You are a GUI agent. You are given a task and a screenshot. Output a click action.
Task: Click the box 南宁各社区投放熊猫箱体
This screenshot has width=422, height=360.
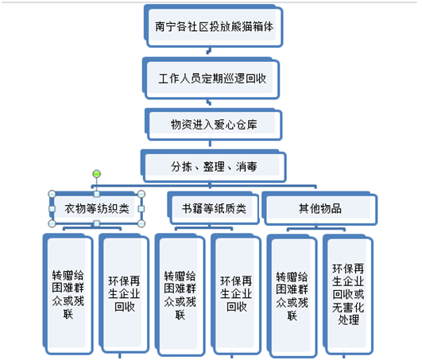click(x=213, y=26)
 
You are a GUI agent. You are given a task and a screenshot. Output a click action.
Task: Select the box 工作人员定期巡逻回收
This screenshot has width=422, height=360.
click(x=211, y=78)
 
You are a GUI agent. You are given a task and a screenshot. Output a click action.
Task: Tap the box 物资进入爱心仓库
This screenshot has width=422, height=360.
click(x=213, y=124)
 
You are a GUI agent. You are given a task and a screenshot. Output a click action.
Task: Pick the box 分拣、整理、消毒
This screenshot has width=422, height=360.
click(x=213, y=166)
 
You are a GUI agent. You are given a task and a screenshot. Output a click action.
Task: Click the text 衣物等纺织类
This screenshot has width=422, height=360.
click(x=97, y=209)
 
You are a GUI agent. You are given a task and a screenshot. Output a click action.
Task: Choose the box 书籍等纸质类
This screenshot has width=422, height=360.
click(x=213, y=207)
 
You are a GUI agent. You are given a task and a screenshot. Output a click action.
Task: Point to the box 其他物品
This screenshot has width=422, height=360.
click(x=319, y=208)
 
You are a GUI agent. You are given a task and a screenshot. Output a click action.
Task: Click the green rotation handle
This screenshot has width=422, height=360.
click(x=97, y=174)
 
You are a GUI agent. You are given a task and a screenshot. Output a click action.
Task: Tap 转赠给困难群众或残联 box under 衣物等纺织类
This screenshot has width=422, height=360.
click(x=68, y=294)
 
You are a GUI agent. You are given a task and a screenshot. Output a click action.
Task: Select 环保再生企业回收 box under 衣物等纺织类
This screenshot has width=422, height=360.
click(x=124, y=293)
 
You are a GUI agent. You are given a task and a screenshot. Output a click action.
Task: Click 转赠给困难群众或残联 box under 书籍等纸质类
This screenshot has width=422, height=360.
click(x=180, y=295)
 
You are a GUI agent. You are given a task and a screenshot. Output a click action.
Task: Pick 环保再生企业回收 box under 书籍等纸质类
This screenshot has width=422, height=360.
click(x=236, y=294)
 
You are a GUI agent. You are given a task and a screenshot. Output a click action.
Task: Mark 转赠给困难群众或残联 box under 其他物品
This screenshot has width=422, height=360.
click(x=292, y=296)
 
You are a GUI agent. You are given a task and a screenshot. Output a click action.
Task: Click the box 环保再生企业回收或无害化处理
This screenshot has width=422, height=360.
click(x=348, y=295)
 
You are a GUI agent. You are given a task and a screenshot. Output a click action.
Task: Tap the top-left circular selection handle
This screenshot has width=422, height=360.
click(x=52, y=194)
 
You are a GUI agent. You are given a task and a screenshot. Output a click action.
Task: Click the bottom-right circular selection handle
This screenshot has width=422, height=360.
click(x=141, y=223)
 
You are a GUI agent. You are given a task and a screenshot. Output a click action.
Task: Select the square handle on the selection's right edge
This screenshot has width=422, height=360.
click(x=141, y=208)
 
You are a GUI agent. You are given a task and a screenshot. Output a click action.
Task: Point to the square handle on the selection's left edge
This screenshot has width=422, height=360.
click(x=52, y=208)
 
